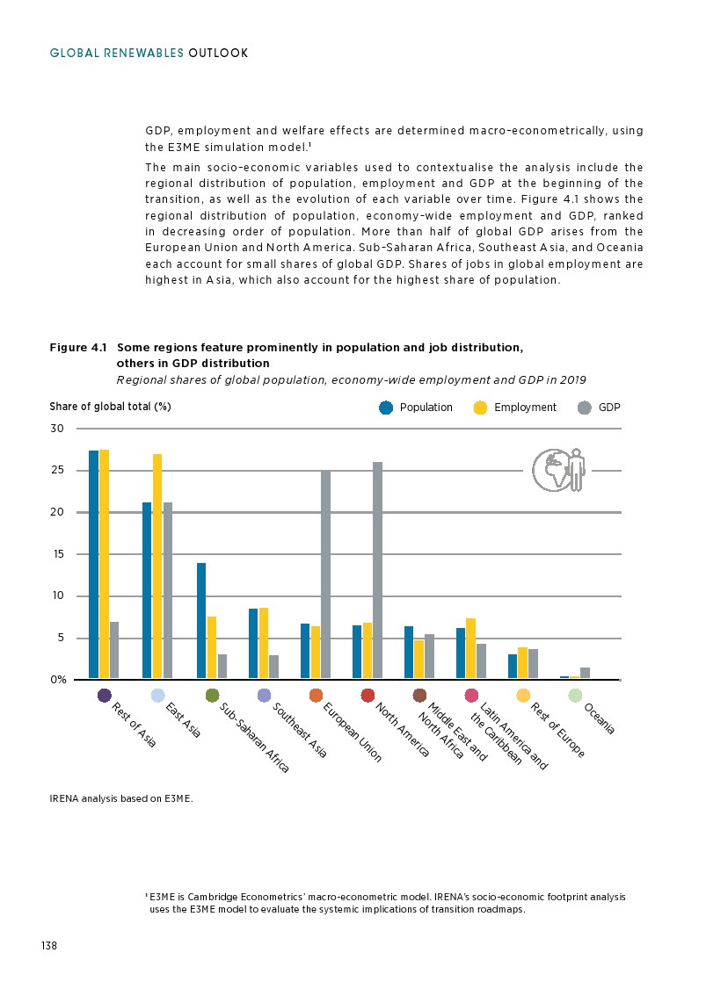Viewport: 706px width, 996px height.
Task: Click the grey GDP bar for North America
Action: [x=378, y=571]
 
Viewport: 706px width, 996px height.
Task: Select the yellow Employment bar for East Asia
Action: [x=157, y=567]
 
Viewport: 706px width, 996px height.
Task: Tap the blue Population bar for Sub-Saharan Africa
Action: [x=201, y=621]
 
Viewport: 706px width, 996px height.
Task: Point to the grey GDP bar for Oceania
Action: [x=586, y=674]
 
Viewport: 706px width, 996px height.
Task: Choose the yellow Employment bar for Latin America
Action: [x=471, y=649]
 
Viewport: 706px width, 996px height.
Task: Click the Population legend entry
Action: [x=417, y=408]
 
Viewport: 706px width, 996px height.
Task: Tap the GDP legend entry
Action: [x=599, y=408]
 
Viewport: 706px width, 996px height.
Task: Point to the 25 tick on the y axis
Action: [x=57, y=471]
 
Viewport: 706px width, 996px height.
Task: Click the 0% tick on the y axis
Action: [x=57, y=680]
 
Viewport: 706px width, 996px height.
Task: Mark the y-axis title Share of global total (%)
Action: [x=110, y=407]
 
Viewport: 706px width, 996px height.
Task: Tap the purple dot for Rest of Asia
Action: [x=105, y=696]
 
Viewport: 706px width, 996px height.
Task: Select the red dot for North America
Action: [x=368, y=696]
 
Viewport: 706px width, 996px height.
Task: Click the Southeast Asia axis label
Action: [x=299, y=729]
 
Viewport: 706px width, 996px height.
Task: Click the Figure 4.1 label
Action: [x=78, y=348]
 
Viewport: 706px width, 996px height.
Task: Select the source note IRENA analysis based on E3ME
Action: [x=120, y=799]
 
